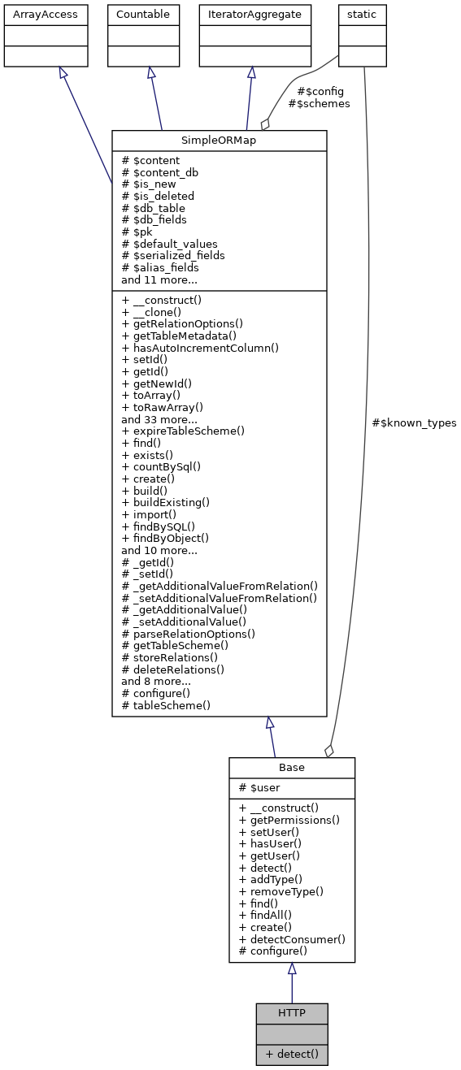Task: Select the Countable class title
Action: pos(144,15)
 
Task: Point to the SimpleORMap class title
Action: pos(219,141)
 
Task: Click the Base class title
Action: pos(291,768)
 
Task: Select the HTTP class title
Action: pos(291,1013)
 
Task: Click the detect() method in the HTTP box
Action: pos(291,1054)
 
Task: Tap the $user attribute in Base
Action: pos(261,788)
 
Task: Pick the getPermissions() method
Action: pos(289,820)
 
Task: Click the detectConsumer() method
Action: pos(292,938)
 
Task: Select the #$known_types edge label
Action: pos(414,422)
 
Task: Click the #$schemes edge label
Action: pos(319,104)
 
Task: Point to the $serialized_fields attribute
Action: pos(173,255)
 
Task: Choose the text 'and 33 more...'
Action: pos(159,419)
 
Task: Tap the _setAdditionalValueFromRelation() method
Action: pos(219,597)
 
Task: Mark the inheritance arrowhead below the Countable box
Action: pos(150,73)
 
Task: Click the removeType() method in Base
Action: pos(281,891)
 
